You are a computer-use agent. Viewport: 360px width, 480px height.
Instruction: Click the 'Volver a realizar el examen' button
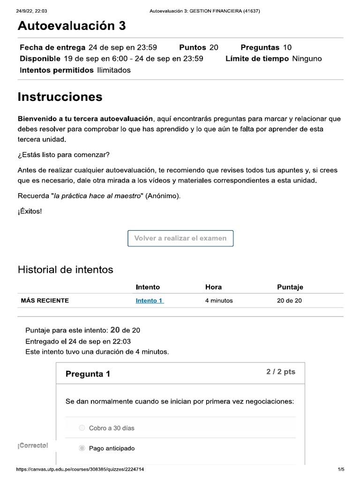180,238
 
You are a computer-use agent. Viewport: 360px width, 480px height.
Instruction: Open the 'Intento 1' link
149,300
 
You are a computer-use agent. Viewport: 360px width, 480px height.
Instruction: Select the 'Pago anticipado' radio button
82,449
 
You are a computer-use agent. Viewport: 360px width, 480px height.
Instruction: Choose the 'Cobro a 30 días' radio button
82,428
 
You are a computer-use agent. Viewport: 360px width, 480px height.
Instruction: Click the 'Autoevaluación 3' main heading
71,26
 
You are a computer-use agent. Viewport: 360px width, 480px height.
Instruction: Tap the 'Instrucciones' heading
60,97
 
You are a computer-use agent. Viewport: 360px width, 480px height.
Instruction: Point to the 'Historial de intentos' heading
65,270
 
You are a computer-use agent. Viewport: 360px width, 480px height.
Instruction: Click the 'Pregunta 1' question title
88,374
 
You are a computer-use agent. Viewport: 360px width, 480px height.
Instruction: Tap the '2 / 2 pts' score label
281,372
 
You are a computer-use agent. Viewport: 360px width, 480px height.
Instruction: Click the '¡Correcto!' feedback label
33,445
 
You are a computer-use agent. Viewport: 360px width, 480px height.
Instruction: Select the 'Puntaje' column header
290,287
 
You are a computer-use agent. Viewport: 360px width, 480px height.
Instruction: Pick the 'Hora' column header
213,287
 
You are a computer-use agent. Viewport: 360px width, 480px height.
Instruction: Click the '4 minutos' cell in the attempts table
219,300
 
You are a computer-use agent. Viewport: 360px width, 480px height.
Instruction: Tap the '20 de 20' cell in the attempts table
289,300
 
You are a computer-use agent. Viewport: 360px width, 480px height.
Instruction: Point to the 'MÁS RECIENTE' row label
45,300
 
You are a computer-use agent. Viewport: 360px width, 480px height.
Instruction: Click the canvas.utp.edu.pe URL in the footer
80,469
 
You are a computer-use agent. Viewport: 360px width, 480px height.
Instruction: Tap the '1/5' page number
341,469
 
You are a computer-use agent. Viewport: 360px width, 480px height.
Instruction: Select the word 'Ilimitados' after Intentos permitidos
114,70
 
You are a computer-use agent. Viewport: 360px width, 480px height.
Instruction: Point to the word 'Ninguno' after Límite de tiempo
307,59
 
